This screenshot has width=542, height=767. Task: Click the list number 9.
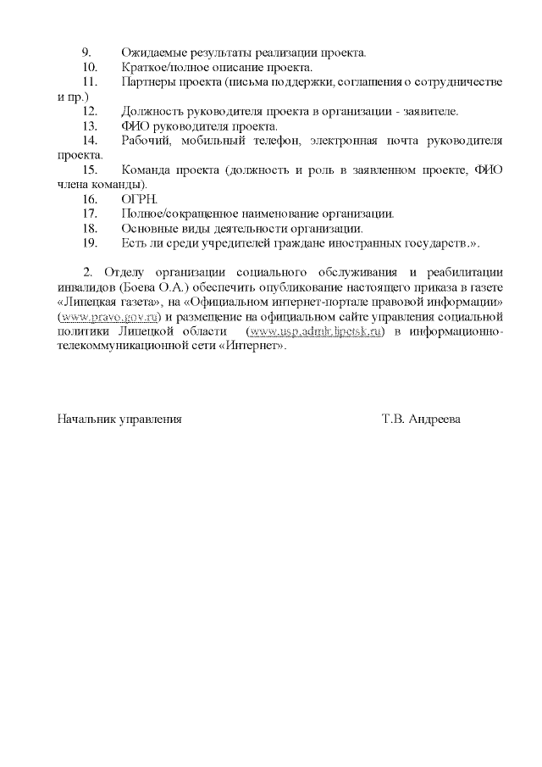point(86,53)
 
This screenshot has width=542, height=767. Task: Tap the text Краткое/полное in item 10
point(162,67)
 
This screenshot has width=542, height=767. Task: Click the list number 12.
point(89,112)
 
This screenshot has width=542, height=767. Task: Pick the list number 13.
point(89,126)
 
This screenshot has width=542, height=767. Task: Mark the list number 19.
point(89,244)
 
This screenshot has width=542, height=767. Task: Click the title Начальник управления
point(119,419)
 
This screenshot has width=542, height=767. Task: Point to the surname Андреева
point(434,419)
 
